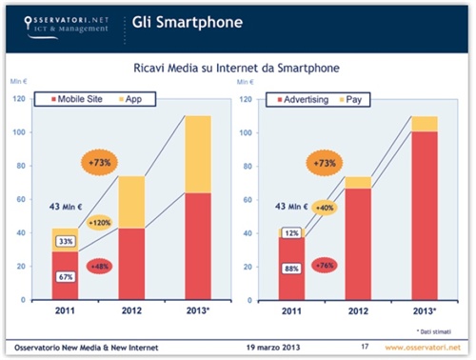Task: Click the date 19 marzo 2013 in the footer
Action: click(276, 345)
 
